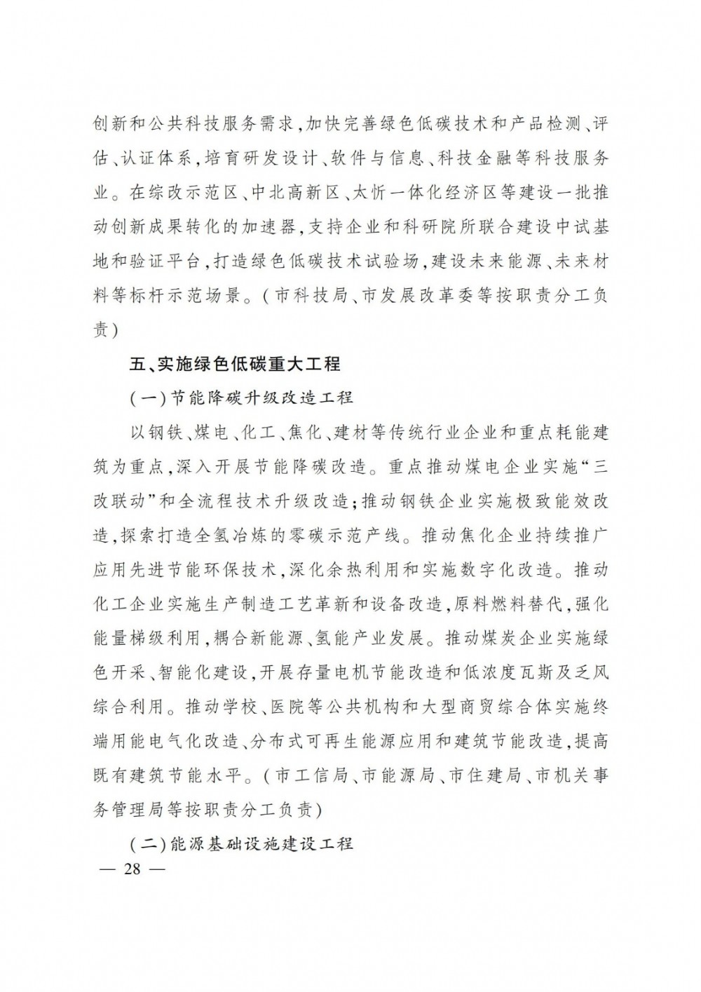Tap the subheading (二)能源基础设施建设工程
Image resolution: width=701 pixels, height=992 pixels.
tap(242, 844)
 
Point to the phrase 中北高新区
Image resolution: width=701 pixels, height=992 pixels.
tap(278, 193)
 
